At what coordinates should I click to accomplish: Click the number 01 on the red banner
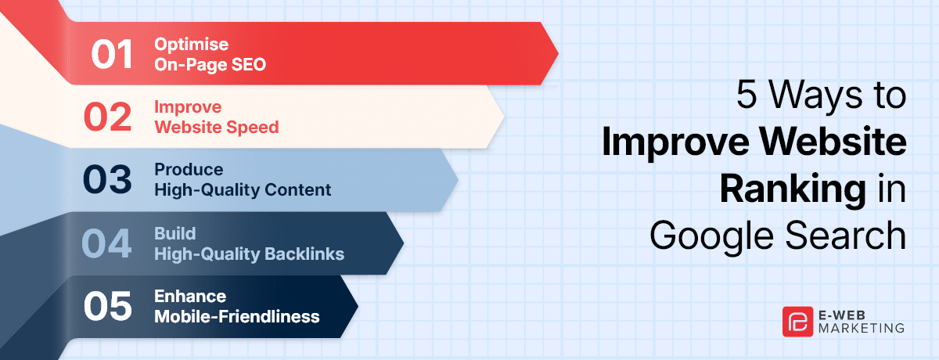(x=112, y=55)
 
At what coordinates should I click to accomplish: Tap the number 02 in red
(x=108, y=117)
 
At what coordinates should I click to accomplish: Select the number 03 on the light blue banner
(x=107, y=179)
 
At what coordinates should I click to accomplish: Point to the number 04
(x=106, y=243)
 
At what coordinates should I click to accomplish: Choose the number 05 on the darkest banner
(x=108, y=306)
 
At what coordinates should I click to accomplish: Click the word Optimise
(x=191, y=45)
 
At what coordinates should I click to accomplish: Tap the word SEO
(x=249, y=64)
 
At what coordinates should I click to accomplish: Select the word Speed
(x=255, y=128)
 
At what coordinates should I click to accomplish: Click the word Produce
(x=189, y=169)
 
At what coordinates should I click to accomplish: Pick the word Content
(x=297, y=190)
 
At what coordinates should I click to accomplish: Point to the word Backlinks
(x=304, y=254)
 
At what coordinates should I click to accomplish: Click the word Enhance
(x=190, y=297)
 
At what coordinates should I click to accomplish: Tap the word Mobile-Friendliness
(x=237, y=317)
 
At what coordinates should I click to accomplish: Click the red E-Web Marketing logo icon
(x=797, y=322)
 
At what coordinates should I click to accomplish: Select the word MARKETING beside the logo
(x=861, y=328)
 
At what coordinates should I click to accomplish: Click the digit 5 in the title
(x=747, y=94)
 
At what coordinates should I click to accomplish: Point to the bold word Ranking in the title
(x=793, y=190)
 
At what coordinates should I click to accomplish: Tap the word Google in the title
(x=711, y=237)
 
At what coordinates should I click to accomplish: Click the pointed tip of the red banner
(x=558, y=54)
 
